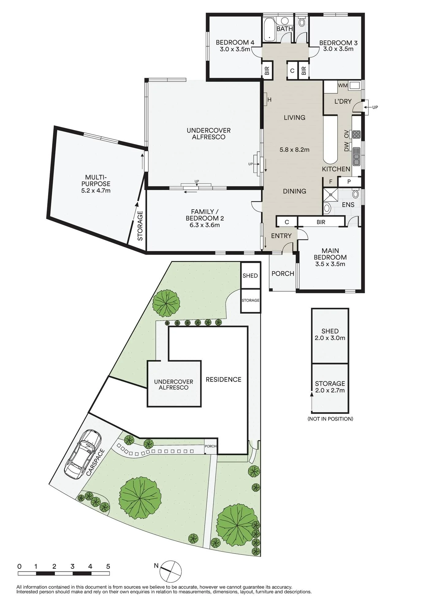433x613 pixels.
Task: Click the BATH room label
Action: pos(285,29)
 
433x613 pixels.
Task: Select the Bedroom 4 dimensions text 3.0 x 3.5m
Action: pos(235,49)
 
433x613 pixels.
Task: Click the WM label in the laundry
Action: pos(343,86)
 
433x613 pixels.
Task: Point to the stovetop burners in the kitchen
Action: pos(356,134)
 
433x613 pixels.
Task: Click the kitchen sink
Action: pos(356,156)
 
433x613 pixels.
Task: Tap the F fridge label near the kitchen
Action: pos(331,182)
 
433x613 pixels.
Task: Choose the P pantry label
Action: pos(349,182)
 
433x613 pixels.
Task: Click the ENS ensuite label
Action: pos(348,205)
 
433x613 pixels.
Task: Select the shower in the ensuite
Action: pos(331,194)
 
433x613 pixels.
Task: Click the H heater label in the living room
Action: pos(269,100)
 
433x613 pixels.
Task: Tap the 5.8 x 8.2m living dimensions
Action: pos(294,150)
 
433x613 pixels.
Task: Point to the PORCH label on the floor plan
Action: pos(283,273)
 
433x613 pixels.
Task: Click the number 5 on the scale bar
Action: pos(108,566)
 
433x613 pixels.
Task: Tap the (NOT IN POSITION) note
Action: pos(330,419)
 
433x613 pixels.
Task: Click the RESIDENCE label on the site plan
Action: pos(223,379)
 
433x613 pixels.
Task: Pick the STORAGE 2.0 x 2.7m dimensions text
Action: pos(330,390)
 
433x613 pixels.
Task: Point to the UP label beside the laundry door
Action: pos(375,107)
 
